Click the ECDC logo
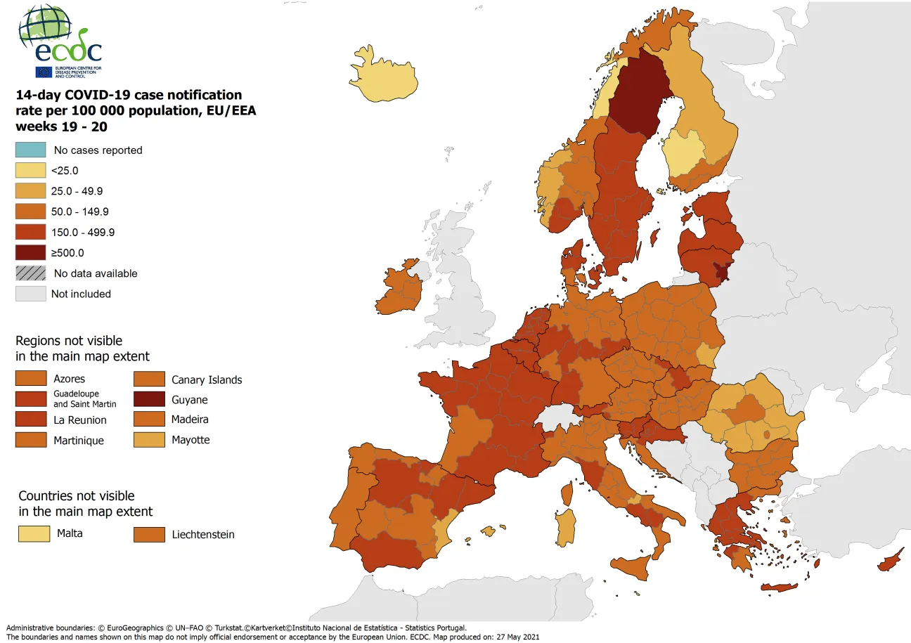(60, 41)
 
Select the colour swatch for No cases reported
(31, 150)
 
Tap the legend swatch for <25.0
(31, 170)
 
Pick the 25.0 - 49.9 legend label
(77, 191)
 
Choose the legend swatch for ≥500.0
(31, 252)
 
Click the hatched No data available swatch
(31, 273)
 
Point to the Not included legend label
(81, 294)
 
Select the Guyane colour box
(149, 400)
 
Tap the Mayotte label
(190, 440)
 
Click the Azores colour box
(31, 379)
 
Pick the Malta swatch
(34, 533)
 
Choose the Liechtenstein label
(202, 535)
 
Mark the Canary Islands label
(207, 379)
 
